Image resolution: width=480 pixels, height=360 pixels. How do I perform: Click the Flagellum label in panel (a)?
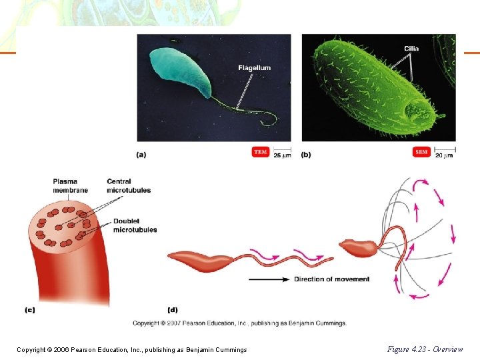click(254, 68)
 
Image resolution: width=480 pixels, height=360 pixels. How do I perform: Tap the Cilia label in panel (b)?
click(411, 48)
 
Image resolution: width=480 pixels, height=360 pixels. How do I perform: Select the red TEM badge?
click(261, 152)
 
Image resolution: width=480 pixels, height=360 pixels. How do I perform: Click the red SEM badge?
click(421, 152)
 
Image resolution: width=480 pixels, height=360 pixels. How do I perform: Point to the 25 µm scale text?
click(282, 155)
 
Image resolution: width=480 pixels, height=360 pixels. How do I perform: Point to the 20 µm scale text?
click(445, 155)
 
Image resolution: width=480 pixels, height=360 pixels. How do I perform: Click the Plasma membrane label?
click(65, 185)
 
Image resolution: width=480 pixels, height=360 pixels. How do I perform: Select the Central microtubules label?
click(129, 185)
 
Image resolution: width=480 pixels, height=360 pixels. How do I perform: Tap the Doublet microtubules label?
click(135, 225)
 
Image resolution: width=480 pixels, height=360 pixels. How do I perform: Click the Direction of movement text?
click(331, 279)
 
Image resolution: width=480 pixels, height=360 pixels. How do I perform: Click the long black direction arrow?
click(269, 279)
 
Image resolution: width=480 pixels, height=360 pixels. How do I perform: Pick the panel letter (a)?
click(141, 155)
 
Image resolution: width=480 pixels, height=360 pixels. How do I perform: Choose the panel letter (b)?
click(306, 155)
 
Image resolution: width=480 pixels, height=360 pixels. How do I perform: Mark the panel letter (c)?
click(29, 309)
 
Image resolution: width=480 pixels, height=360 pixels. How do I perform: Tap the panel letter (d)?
click(173, 309)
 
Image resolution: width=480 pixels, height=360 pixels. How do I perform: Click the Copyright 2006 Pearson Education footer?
click(132, 349)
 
